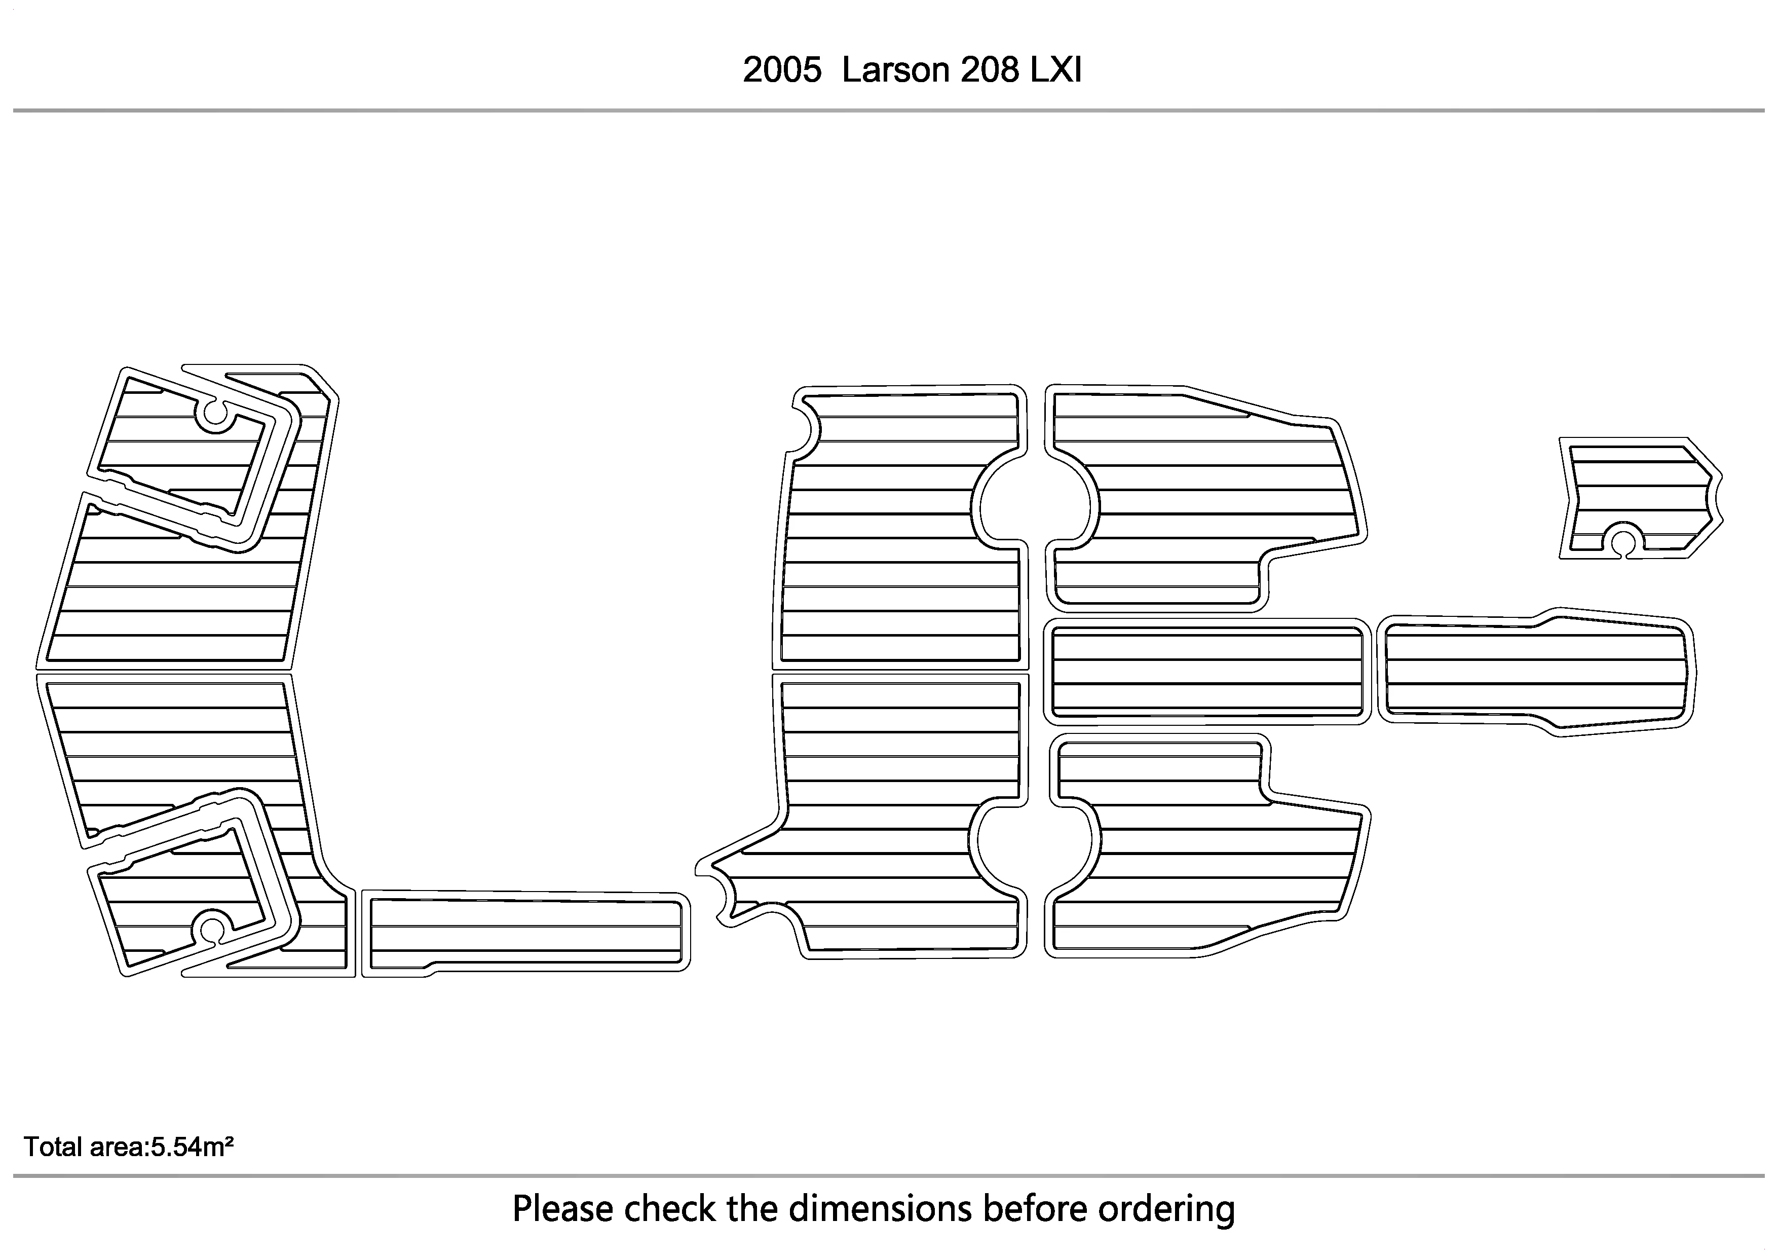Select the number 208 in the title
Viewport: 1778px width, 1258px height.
coord(990,70)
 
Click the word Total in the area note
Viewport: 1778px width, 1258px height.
coord(53,1146)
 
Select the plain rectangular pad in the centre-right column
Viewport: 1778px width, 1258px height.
coord(1206,672)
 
